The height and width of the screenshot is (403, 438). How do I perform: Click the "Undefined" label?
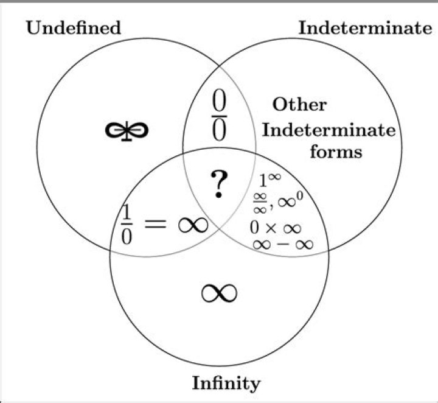(x=73, y=28)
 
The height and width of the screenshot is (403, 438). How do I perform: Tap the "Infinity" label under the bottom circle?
(x=226, y=384)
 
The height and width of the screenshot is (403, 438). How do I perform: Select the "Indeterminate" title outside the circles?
(x=364, y=28)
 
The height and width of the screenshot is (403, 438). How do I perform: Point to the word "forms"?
(x=336, y=151)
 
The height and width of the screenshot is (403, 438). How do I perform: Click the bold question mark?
(x=218, y=185)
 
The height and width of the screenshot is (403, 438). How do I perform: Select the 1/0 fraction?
(x=126, y=225)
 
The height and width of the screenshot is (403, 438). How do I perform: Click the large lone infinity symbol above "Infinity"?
(x=219, y=293)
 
